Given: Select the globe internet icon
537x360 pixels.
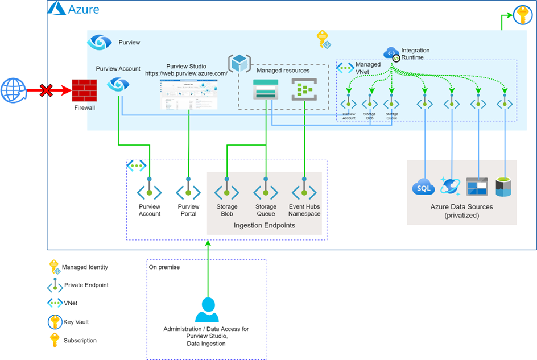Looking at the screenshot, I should click(13, 90).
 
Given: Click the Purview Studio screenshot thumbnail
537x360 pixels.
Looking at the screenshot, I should click(189, 94).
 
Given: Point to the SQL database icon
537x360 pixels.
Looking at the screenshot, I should click(423, 186).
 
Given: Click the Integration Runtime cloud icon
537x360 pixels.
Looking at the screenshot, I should click(392, 53).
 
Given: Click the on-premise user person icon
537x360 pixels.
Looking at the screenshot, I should click(206, 310).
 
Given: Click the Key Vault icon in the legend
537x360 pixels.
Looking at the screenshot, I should click(55, 322).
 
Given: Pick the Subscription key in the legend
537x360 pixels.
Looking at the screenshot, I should click(55, 340).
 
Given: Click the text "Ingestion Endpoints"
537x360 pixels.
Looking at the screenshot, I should click(264, 226).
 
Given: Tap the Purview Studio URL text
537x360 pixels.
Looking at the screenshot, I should click(186, 73).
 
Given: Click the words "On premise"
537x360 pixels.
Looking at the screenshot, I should click(164, 267).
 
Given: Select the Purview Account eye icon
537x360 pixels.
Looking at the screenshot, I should click(118, 85).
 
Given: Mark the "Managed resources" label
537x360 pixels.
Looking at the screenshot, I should click(283, 71).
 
